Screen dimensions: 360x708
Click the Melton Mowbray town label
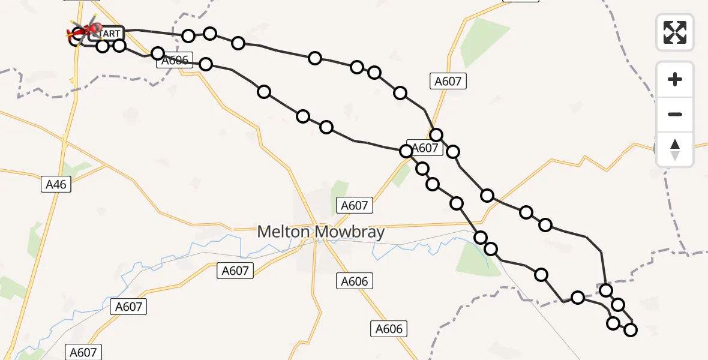[x=320, y=232]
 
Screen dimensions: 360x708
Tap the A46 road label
[x=56, y=185]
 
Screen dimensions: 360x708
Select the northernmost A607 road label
[x=448, y=81]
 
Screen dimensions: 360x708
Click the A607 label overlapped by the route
[x=425, y=148]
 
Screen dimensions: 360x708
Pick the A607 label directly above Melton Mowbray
[x=354, y=205]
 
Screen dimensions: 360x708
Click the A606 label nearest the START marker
[x=175, y=60]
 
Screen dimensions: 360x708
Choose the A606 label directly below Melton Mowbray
[x=355, y=280]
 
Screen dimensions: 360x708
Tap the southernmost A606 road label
[x=389, y=328]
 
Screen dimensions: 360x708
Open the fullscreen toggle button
[x=675, y=32]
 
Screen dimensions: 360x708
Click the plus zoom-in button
[x=675, y=79]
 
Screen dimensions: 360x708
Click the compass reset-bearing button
[x=675, y=149]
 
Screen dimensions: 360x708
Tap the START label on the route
[x=107, y=34]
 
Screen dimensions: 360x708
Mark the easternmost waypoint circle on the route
[x=631, y=329]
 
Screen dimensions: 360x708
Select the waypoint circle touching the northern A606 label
[x=158, y=53]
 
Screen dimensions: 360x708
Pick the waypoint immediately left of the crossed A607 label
[x=406, y=151]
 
